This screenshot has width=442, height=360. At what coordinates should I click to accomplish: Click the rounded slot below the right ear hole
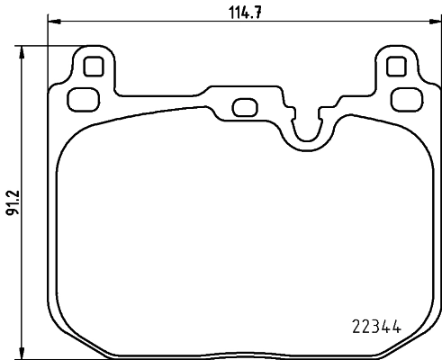tap(407, 98)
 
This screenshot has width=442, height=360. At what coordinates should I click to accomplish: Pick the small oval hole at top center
tap(243, 107)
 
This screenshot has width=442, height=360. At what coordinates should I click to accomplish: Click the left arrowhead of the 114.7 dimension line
tap(51, 21)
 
